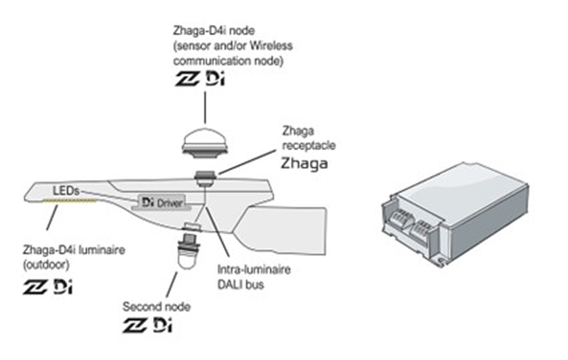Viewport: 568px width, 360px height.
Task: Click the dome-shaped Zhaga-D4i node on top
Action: pyautogui.click(x=205, y=143)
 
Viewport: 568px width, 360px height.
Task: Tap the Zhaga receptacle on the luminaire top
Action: pyautogui.click(x=206, y=178)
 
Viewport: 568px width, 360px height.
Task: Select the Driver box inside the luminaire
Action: pyautogui.click(x=162, y=202)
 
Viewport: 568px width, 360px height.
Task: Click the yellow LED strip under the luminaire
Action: pyautogui.click(x=70, y=200)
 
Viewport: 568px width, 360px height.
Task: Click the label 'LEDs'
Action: pyautogui.click(x=66, y=191)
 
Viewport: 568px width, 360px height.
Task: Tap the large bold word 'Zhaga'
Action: pyautogui.click(x=304, y=164)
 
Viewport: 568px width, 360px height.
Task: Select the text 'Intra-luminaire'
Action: pyautogui.click(x=254, y=269)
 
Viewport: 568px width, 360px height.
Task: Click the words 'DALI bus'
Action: pyautogui.click(x=241, y=285)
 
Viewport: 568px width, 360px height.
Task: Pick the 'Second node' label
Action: pyautogui.click(x=156, y=307)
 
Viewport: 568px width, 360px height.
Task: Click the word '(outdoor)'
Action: pyautogui.click(x=46, y=265)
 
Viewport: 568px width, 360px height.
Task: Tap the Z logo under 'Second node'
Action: pyautogui.click(x=135, y=325)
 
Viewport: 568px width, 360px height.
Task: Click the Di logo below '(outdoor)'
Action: pyautogui.click(x=63, y=286)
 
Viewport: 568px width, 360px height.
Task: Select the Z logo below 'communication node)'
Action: pyautogui.click(x=187, y=79)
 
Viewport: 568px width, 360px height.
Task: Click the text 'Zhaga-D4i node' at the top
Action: pyautogui.click(x=214, y=30)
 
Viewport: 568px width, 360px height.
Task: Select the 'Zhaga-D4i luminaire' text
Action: pyautogui.click(x=74, y=250)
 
